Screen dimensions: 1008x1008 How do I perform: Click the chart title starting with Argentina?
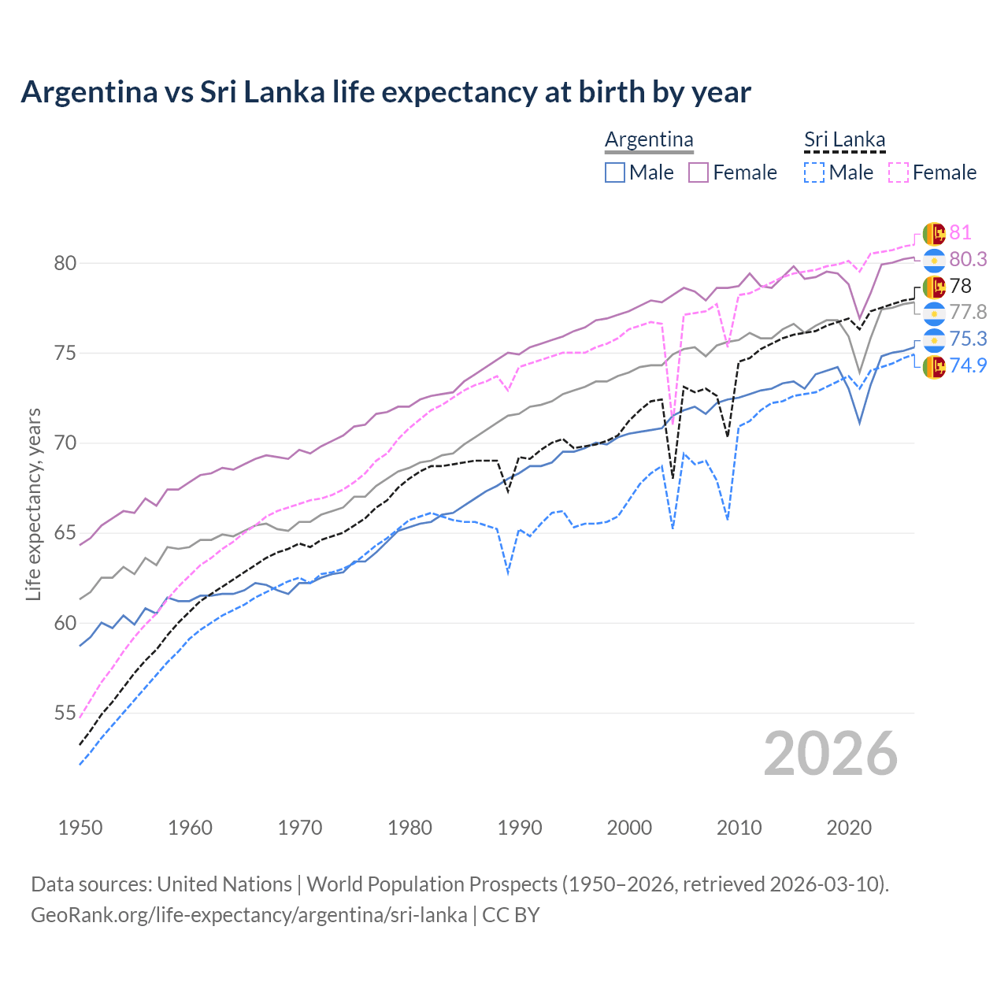click(386, 92)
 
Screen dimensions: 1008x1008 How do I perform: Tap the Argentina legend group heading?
click(649, 140)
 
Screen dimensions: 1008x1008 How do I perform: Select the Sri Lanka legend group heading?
click(844, 140)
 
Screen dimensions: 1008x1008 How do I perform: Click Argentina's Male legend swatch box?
click(615, 172)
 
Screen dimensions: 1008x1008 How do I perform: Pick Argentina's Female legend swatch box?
click(699, 172)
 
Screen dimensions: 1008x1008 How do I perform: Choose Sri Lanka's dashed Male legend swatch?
click(814, 172)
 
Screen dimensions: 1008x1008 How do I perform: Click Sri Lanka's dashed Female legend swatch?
click(899, 172)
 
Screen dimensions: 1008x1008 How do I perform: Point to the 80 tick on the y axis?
click(65, 263)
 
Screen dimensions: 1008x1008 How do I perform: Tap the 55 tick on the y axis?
click(65, 713)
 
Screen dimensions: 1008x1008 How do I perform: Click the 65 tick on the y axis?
click(65, 533)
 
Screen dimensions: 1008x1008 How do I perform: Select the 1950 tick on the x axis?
click(80, 828)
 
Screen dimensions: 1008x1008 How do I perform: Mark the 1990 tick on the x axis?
click(520, 828)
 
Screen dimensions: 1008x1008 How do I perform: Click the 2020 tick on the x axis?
click(849, 828)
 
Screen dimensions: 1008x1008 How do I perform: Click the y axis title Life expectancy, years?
click(34, 504)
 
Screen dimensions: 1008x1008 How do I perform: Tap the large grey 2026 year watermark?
click(831, 754)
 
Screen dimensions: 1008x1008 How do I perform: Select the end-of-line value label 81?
click(960, 232)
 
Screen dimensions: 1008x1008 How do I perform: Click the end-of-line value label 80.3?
click(968, 259)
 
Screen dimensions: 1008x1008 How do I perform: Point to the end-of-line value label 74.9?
click(968, 365)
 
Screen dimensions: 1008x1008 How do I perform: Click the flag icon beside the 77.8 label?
click(934, 313)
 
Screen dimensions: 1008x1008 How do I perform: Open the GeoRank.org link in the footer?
click(249, 915)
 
